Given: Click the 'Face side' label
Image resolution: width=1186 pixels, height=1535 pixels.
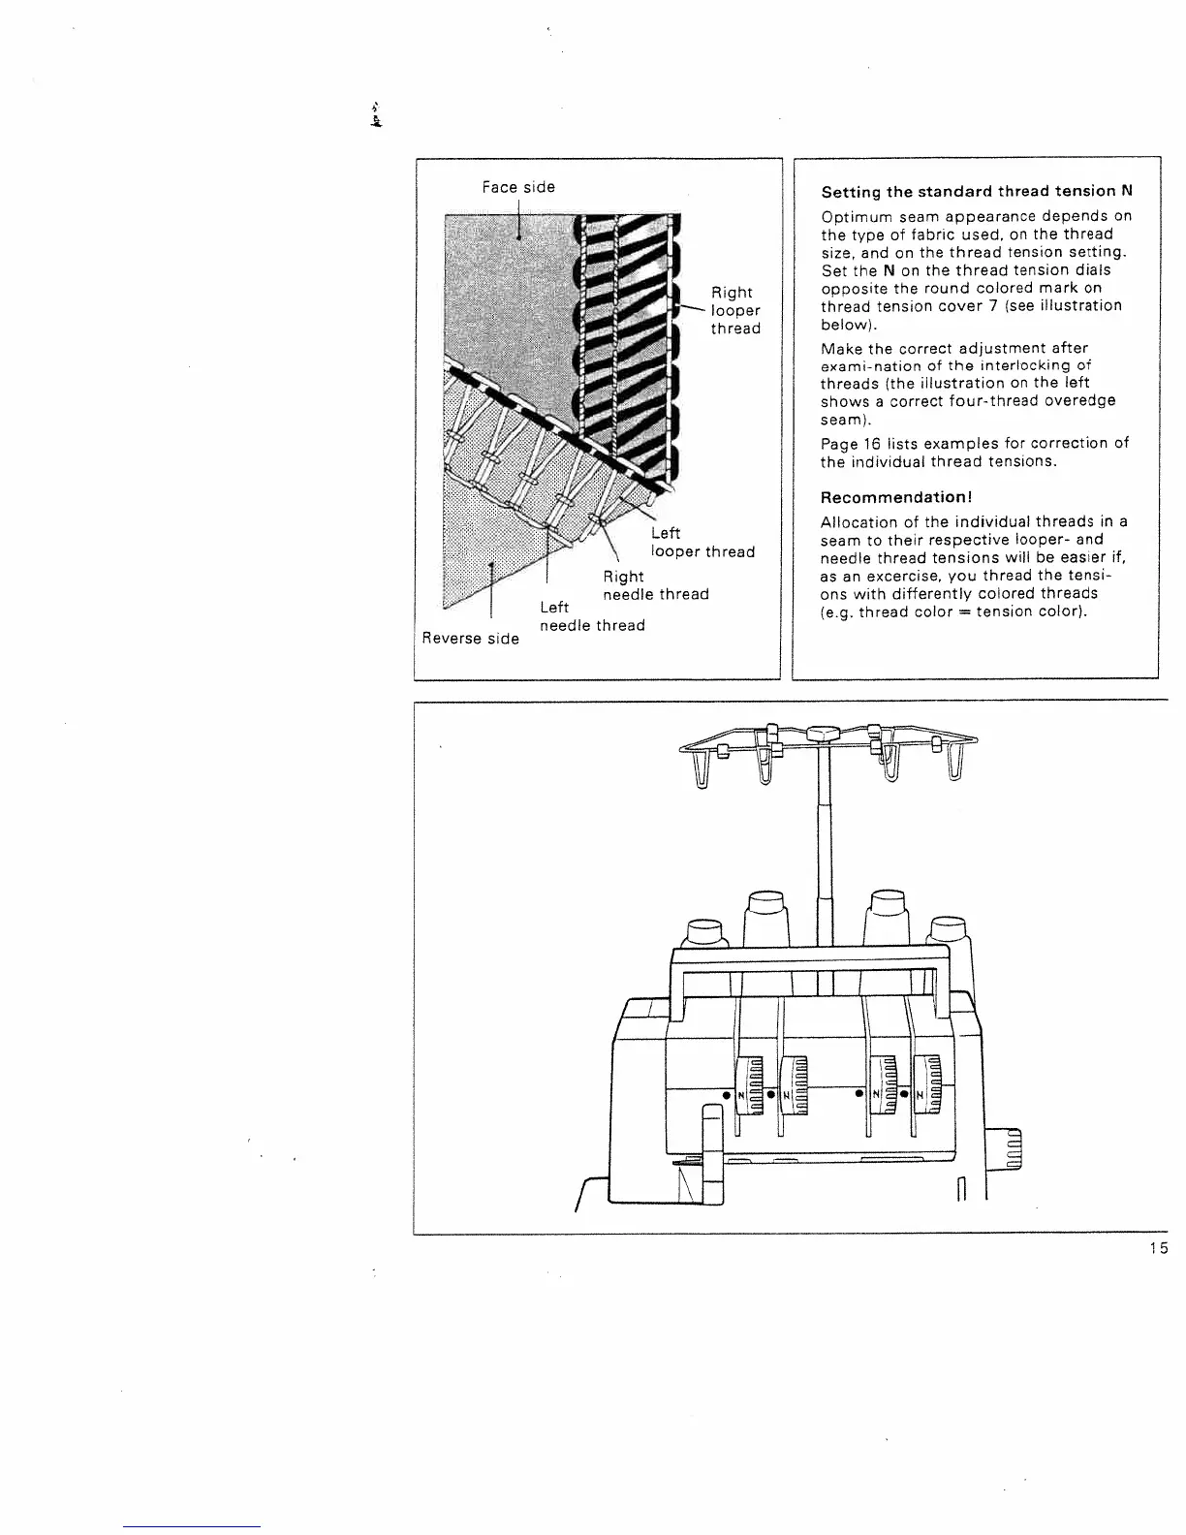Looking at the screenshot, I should click(x=518, y=187).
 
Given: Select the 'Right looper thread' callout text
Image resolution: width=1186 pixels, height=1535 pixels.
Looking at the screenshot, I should click(x=734, y=310).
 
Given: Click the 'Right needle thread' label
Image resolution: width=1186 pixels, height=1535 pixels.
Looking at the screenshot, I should click(x=655, y=585).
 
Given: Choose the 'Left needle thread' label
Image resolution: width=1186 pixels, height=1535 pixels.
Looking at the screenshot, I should click(x=591, y=616).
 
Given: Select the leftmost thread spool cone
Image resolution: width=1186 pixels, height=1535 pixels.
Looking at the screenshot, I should click(x=705, y=933).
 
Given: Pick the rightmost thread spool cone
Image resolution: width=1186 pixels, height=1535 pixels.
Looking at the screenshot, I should click(x=950, y=932).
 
